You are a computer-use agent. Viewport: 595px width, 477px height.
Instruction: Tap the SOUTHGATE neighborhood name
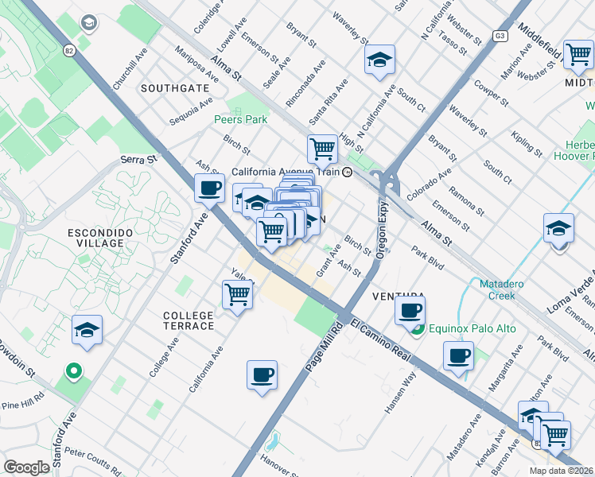click(x=175, y=88)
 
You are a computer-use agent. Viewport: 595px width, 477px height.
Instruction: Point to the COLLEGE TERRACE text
click(x=189, y=320)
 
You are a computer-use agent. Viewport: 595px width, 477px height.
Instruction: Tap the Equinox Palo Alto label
click(x=472, y=328)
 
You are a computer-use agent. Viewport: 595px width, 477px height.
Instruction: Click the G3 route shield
click(x=500, y=36)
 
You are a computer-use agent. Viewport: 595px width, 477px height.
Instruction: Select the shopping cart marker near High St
click(x=322, y=147)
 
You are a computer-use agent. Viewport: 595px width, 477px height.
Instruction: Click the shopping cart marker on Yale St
click(x=238, y=294)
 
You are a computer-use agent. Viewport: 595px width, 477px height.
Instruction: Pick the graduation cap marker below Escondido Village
click(x=87, y=330)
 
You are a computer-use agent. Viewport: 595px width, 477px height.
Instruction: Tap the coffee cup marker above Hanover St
click(x=262, y=374)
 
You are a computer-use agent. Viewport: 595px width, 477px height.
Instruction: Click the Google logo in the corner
click(x=26, y=467)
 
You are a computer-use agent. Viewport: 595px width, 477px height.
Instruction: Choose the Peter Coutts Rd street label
click(x=93, y=460)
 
